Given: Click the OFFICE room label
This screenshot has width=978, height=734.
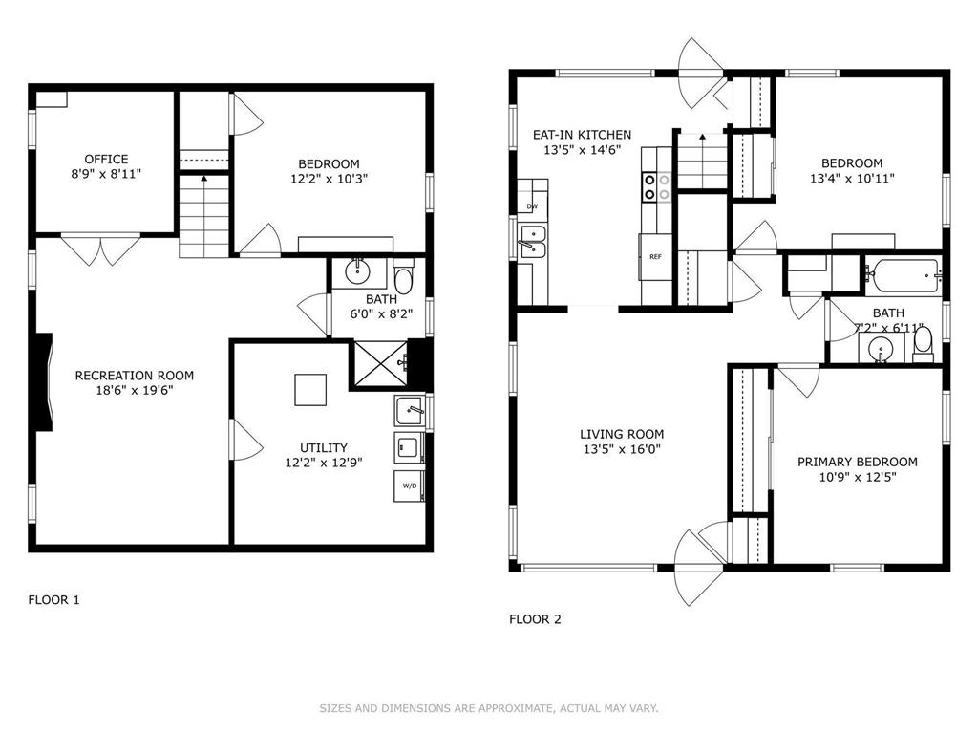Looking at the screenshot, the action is point(106,160).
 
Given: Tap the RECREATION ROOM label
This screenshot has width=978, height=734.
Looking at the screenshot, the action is point(134,376).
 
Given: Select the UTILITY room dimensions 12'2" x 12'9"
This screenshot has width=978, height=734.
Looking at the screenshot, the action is point(324,463).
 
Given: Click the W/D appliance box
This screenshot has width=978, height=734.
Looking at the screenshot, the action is point(409,486).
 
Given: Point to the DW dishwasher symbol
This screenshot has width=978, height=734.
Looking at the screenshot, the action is point(532,206).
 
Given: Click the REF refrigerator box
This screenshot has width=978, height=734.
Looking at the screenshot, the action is point(655,256).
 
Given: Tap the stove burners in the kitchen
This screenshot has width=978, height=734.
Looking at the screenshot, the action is point(657,187).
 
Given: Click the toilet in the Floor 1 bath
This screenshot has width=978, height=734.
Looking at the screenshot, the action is point(404,277).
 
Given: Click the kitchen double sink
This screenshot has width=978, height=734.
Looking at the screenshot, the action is point(532,242).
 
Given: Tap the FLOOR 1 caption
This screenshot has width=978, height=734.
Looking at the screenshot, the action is point(53,600).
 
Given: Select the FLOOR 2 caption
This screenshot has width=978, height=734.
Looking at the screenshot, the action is point(535,619).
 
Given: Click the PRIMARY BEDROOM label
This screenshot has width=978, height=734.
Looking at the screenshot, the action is point(857,463).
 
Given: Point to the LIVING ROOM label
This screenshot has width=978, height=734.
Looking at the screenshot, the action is point(622,435).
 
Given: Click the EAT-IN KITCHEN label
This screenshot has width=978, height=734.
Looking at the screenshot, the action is point(582,135).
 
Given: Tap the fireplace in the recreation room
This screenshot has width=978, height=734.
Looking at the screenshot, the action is point(44,382).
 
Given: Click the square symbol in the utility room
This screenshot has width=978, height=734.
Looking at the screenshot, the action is point(310,390).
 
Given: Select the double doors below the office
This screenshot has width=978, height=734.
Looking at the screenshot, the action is point(100,249).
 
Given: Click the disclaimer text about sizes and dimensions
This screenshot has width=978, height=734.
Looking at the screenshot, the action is point(489,708).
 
